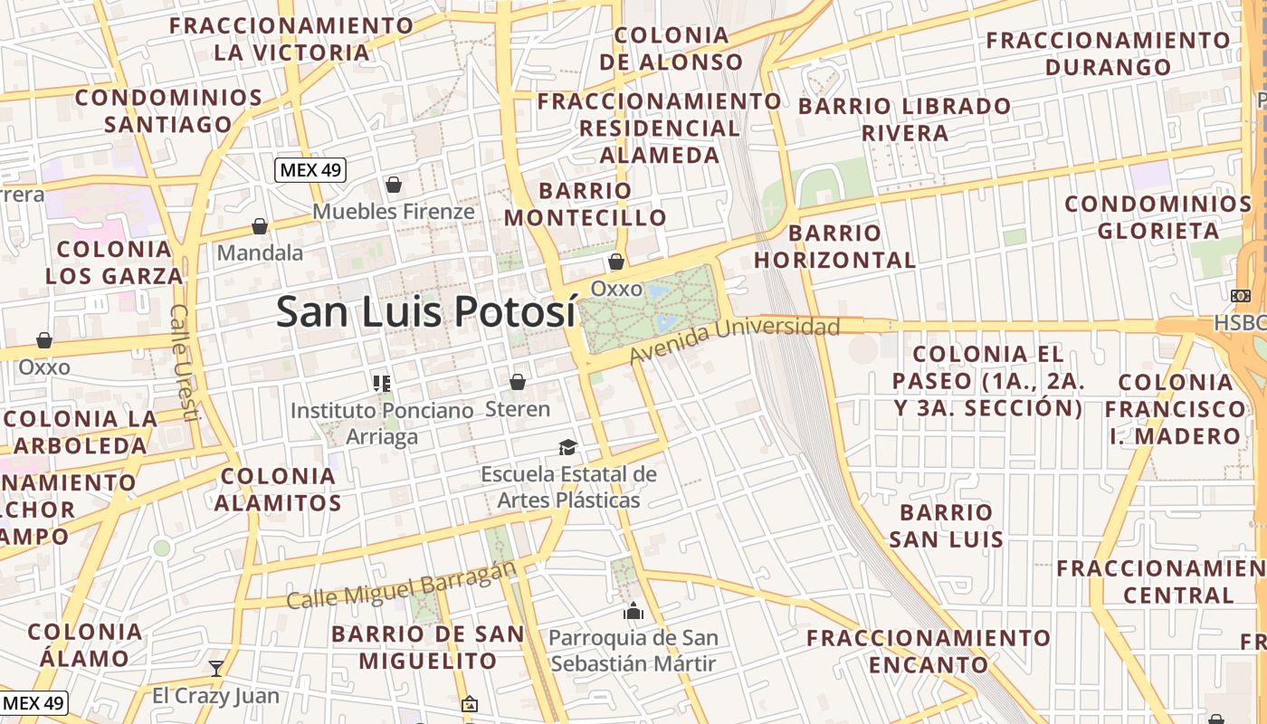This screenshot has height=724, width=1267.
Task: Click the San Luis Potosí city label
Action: [x=425, y=311]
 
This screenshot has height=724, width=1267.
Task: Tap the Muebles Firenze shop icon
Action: [x=394, y=186]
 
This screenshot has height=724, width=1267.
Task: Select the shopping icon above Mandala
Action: [x=260, y=226]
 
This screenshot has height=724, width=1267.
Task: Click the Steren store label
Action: [x=518, y=409]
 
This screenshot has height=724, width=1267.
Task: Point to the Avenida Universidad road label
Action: [x=735, y=339]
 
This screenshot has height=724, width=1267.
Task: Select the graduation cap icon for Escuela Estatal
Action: [x=567, y=448]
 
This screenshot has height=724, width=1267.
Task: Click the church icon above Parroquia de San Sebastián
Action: [x=633, y=612]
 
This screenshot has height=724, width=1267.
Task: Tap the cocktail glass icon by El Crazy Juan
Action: [x=215, y=669]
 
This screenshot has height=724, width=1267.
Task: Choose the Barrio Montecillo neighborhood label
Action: [x=585, y=204]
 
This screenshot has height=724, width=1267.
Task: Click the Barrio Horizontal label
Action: [x=834, y=246]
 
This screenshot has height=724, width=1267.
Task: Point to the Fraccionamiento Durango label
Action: [x=1108, y=53]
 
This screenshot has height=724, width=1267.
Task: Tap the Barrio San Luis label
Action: [x=946, y=526]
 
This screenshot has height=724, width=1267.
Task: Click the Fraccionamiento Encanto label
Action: [x=929, y=652]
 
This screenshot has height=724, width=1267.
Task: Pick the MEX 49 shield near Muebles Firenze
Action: [x=311, y=169]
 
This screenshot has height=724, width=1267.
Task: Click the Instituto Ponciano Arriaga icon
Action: [x=382, y=384]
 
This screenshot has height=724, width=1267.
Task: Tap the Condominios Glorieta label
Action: [x=1157, y=217]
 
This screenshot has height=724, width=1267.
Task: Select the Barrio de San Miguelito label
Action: [x=427, y=647]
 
